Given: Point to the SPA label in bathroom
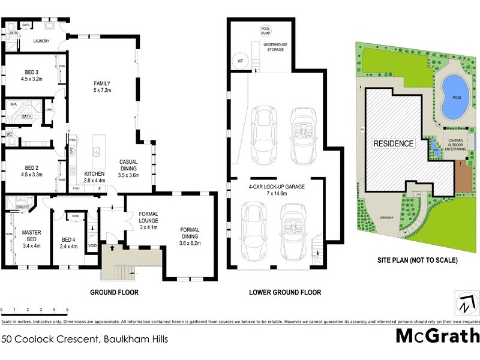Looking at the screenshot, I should tap(13, 104).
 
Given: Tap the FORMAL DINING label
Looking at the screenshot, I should tap(190, 235).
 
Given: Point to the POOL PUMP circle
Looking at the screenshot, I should tap(265, 31).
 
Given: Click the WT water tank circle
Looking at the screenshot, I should tap(240, 61).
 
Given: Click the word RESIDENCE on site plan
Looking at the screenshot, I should tap(394, 143).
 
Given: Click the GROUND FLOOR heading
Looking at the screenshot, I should tap(114, 293).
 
